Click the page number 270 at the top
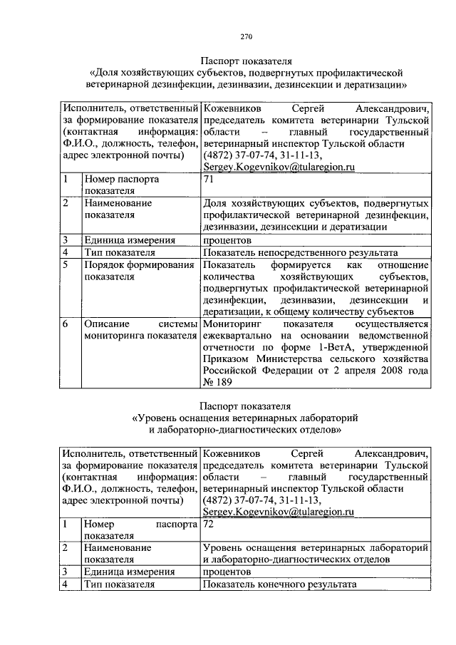(x=246, y=37)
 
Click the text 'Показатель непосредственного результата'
(x=300, y=252)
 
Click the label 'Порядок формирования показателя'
(x=139, y=271)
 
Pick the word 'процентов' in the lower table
(x=227, y=572)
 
